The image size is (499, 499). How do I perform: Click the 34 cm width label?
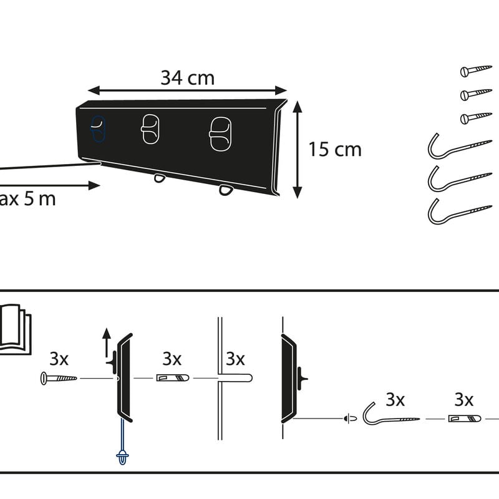pos(187,78)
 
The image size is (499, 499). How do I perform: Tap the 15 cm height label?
pos(334,150)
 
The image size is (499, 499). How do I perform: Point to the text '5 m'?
pos(41,200)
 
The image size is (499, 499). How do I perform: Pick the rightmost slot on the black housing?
pos(220,133)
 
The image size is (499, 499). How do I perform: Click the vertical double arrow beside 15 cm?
pos(298,150)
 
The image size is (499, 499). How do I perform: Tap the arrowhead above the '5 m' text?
pos(94,185)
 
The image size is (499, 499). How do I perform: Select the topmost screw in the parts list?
pos(476,71)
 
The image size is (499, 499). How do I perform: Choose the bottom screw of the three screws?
pos(476,118)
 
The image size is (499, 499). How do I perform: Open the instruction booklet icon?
pos(12,329)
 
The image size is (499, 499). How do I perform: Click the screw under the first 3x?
pos(59,378)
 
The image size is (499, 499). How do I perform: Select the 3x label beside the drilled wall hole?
pos(235,359)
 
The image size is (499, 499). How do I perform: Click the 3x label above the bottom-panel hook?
pos(395,399)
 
